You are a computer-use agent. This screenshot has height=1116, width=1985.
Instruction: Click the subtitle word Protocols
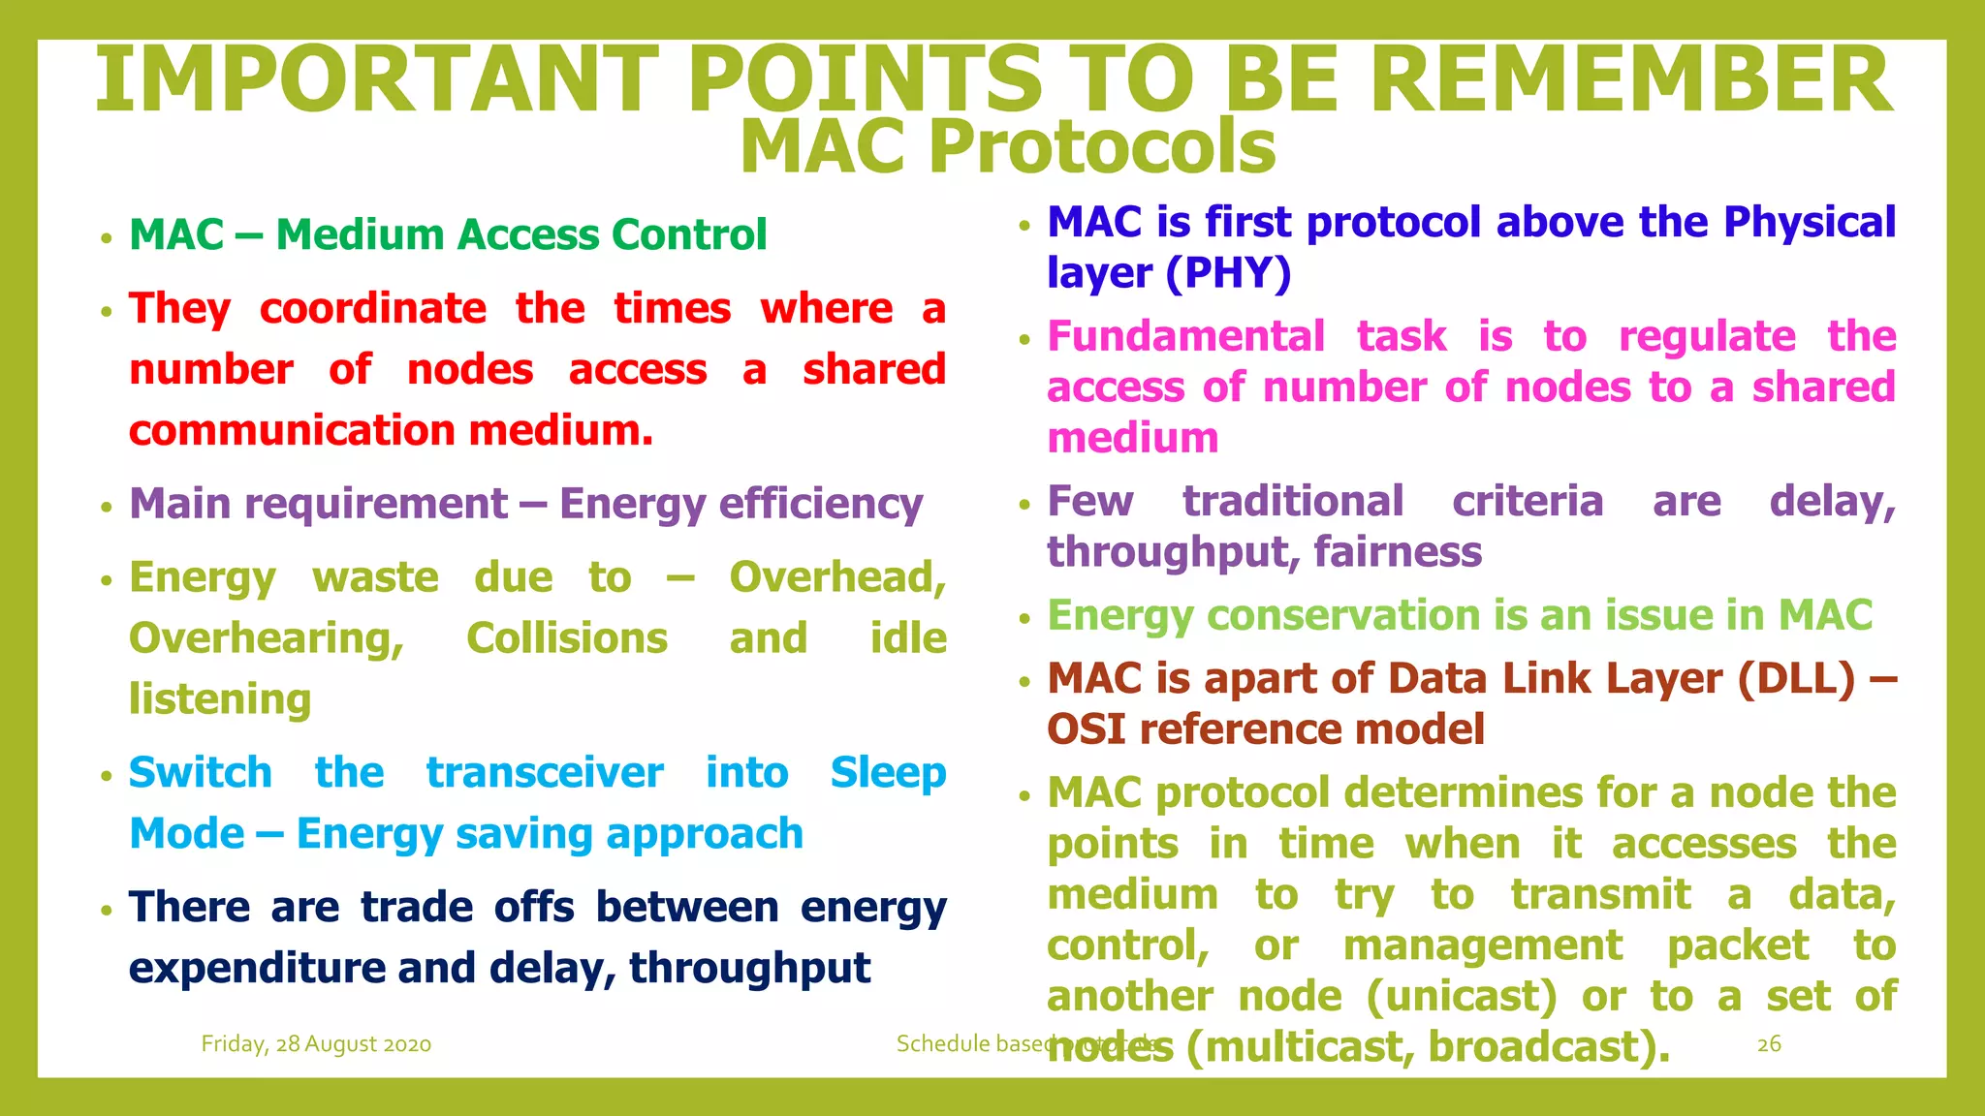pos(1102,147)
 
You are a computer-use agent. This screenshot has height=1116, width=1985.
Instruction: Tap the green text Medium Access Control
pos(521,235)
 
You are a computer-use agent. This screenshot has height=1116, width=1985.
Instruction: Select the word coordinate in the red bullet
pos(373,309)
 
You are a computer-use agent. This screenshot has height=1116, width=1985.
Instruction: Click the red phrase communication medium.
pos(391,431)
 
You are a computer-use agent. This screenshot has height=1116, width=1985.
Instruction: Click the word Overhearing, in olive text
pos(267,639)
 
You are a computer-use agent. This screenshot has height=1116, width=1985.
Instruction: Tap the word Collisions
pos(567,639)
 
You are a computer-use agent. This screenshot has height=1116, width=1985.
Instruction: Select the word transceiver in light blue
pos(545,773)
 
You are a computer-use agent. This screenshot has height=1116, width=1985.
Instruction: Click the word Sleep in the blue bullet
pos(888,773)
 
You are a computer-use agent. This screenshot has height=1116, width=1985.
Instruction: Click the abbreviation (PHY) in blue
pos(1228,274)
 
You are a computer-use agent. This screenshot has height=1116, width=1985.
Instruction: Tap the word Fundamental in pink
pos(1186,337)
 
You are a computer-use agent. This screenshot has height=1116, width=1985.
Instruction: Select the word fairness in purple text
pos(1398,552)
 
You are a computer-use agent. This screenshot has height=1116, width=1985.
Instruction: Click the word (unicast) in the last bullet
pos(1461,997)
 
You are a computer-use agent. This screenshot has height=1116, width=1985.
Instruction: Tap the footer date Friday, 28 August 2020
pos(316,1044)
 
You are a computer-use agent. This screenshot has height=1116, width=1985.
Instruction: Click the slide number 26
pos(1769,1044)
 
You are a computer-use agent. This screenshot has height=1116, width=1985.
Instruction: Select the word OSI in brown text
pos(1087,729)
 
